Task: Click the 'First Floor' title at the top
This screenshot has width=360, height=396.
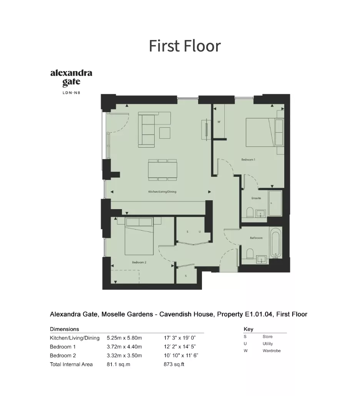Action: pyautogui.click(x=185, y=46)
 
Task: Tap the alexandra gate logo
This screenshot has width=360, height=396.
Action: pyautogui.click(x=71, y=82)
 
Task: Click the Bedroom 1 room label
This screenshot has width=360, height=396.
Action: pyautogui.click(x=248, y=160)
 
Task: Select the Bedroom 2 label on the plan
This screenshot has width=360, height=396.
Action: pyautogui.click(x=139, y=263)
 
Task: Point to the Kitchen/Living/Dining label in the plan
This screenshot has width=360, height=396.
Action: pyautogui.click(x=162, y=192)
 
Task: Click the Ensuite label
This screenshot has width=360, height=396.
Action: pyautogui.click(x=256, y=198)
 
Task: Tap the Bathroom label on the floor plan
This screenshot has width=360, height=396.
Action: pyautogui.click(x=256, y=238)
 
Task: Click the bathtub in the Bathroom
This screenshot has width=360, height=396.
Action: pyautogui.click(x=275, y=243)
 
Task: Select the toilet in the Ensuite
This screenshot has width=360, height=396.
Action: pyautogui.click(x=250, y=213)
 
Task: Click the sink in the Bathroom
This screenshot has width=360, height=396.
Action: pyautogui.click(x=261, y=260)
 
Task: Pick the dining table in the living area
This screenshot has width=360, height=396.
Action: pyautogui.click(x=162, y=170)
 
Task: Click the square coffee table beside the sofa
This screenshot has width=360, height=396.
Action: pyautogui.click(x=165, y=133)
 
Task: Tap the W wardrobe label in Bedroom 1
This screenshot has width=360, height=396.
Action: pyautogui.click(x=219, y=122)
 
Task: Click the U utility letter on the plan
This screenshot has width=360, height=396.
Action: pyautogui.click(x=200, y=231)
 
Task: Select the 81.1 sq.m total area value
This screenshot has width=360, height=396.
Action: pyautogui.click(x=118, y=364)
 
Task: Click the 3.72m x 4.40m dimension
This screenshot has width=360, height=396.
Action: pyautogui.click(x=124, y=347)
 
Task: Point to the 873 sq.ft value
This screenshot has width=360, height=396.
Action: pyautogui.click(x=174, y=364)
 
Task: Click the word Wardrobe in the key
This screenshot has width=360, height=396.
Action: pyautogui.click(x=272, y=351)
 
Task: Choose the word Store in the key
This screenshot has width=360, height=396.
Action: pyautogui.click(x=268, y=337)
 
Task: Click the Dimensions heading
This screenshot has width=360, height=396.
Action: pyautogui.click(x=64, y=329)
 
